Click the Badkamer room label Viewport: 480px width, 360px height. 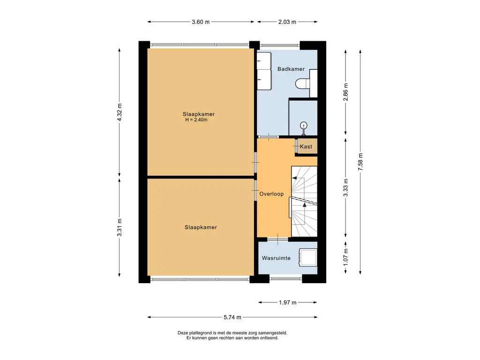click(x=291, y=69)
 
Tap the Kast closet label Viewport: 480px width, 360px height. click(x=306, y=147)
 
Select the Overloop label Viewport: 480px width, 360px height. click(x=271, y=194)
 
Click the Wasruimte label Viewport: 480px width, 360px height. click(x=276, y=258)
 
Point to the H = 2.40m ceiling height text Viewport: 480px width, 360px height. click(x=196, y=120)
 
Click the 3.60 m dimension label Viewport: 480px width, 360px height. click(x=201, y=22)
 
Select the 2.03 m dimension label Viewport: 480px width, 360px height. click(x=287, y=22)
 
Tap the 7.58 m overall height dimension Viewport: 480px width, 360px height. click(x=360, y=162)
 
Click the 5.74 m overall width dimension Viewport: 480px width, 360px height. click(x=232, y=317)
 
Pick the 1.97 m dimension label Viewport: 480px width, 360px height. click(x=287, y=302)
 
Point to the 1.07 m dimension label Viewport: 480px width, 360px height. click(x=345, y=257)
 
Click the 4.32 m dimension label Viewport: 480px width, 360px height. click(x=120, y=112)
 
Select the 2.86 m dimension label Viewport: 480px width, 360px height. click(x=345, y=92)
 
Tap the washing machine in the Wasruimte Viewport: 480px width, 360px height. click(x=308, y=257)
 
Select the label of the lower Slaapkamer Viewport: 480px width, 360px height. click(x=201, y=227)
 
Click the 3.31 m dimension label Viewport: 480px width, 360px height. click(x=120, y=227)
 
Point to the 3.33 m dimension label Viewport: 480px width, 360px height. click(x=345, y=187)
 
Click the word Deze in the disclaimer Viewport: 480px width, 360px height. click(x=182, y=333)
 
